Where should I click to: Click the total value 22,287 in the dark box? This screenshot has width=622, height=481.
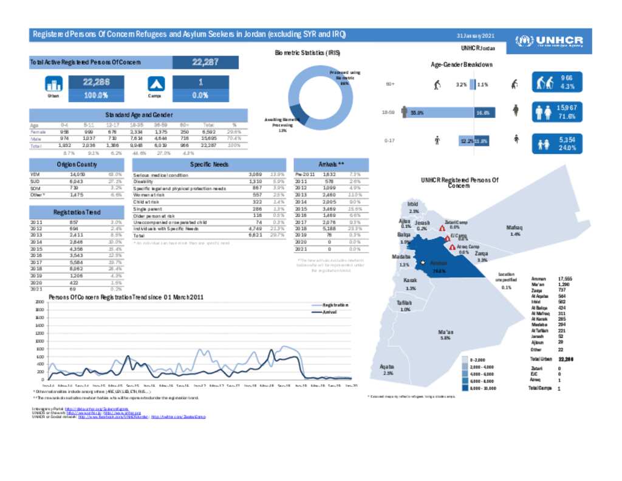click(x=205, y=62)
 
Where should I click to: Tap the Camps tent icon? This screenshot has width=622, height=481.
click(x=156, y=84)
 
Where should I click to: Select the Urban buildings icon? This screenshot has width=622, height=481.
click(x=54, y=84)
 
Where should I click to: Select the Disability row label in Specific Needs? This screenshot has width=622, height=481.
click(x=145, y=181)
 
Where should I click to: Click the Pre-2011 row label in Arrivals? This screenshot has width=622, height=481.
click(x=304, y=175)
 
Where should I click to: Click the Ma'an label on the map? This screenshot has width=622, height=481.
click(x=445, y=331)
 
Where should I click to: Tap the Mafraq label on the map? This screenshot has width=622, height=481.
click(x=514, y=227)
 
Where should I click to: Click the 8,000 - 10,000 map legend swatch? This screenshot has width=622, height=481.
click(x=464, y=387)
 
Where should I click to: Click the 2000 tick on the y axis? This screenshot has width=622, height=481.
click(x=39, y=302)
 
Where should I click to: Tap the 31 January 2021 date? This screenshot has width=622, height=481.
click(x=479, y=35)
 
